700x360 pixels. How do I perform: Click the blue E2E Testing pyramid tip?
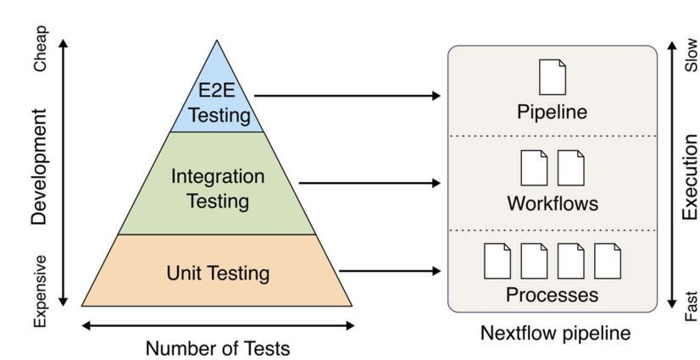pyautogui.click(x=217, y=102)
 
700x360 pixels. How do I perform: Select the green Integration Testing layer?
pyautogui.click(x=217, y=188)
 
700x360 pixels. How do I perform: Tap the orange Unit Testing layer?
pyautogui.click(x=217, y=273)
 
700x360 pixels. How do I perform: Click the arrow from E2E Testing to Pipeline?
pyautogui.click(x=347, y=97)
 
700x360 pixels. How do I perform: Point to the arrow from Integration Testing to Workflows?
pyautogui.click(x=369, y=183)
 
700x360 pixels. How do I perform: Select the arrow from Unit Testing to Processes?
pyautogui.click(x=390, y=271)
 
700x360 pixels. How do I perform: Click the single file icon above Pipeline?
pyautogui.click(x=553, y=76)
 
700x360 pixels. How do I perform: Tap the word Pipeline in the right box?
pyautogui.click(x=553, y=111)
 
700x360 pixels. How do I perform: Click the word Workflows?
pyautogui.click(x=553, y=203)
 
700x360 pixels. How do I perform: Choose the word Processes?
pyautogui.click(x=553, y=295)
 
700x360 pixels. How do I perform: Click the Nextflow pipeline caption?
pyautogui.click(x=555, y=333)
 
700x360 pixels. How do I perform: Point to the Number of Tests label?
pyautogui.click(x=217, y=347)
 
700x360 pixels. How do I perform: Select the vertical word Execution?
pyautogui.click(x=690, y=176)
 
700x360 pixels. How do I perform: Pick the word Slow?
pyautogui.click(x=691, y=54)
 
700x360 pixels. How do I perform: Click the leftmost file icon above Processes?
pyautogui.click(x=497, y=260)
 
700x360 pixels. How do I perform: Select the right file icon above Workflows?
pyautogui.click(x=571, y=168)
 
